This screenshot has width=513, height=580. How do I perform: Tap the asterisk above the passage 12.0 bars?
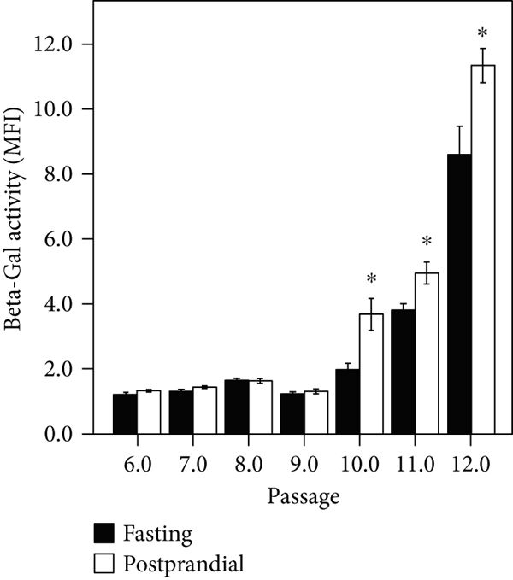click(x=483, y=34)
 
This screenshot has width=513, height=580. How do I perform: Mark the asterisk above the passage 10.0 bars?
click(x=372, y=279)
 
